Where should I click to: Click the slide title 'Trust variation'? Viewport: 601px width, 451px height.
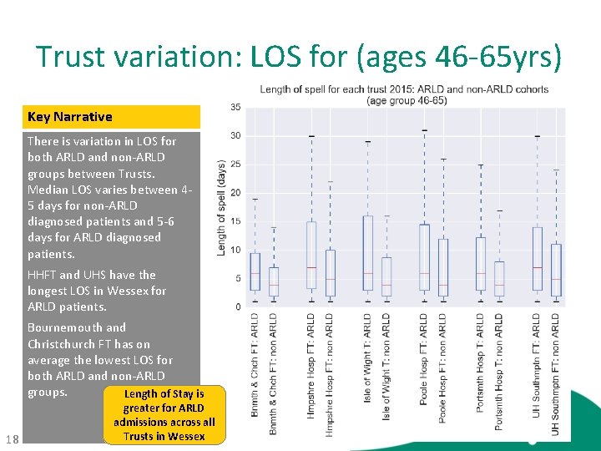[x=299, y=57]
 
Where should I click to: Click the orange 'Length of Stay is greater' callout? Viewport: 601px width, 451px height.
[x=164, y=414]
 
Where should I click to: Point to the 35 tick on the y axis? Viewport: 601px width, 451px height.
[x=236, y=107]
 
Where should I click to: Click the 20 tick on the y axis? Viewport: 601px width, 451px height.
[x=236, y=193]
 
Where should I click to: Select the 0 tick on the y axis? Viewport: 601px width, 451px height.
[x=238, y=307]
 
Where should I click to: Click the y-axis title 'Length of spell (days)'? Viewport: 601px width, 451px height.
[x=221, y=208]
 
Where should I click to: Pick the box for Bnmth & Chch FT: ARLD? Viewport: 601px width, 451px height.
[x=255, y=272]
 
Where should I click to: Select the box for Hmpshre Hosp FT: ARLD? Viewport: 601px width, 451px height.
[x=311, y=256]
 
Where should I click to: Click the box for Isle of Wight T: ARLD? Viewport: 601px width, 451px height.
[x=367, y=253]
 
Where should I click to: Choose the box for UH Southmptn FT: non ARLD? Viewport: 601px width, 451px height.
[x=556, y=270]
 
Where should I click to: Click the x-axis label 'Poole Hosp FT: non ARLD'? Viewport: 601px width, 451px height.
[x=443, y=367]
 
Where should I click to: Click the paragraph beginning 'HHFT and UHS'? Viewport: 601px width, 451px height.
[x=97, y=291]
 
